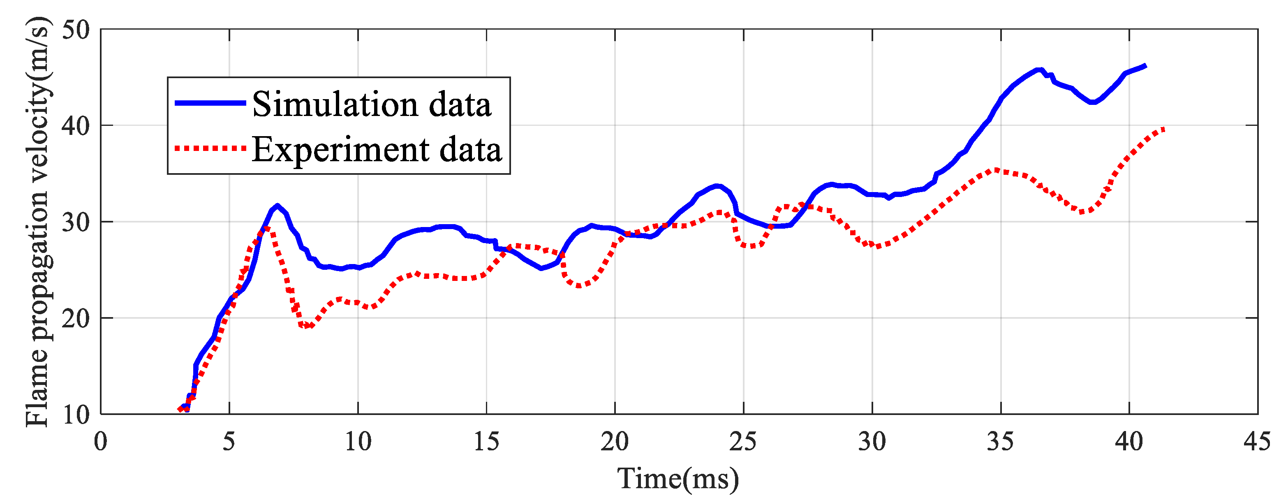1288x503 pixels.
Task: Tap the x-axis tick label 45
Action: click(x=1257, y=442)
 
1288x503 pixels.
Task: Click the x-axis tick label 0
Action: click(x=101, y=442)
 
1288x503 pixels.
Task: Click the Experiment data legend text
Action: click(x=377, y=149)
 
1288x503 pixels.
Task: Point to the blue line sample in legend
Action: click(x=210, y=103)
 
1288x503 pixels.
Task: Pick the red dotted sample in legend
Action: click(x=210, y=148)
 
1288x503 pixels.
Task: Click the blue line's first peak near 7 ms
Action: click(x=277, y=206)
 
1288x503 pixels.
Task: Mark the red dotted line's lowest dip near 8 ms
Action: click(x=306, y=326)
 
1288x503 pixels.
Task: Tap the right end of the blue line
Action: click(x=1145, y=66)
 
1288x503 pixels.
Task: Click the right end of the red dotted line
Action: click(x=1164, y=130)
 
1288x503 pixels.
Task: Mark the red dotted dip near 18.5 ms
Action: click(x=578, y=286)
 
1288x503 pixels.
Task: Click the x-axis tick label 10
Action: click(x=358, y=442)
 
